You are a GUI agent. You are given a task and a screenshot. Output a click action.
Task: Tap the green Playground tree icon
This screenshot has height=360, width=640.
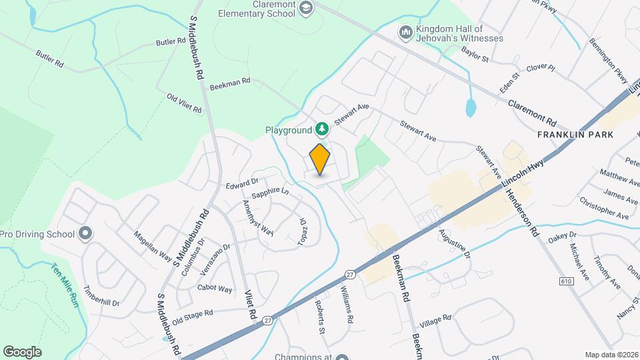322,128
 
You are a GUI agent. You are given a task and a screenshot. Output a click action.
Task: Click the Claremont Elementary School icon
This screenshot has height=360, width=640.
306,8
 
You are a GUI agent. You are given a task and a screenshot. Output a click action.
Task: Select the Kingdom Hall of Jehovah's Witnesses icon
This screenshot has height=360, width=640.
405,32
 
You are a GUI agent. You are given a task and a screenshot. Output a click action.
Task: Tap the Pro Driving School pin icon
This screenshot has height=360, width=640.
85,233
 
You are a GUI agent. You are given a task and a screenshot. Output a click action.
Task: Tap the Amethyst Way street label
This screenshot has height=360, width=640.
257,218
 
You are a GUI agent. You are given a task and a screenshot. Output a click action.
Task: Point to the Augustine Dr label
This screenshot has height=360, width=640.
455,245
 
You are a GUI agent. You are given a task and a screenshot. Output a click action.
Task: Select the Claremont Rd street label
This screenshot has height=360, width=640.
532,113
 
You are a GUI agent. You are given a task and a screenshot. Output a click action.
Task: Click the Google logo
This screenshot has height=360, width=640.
22,352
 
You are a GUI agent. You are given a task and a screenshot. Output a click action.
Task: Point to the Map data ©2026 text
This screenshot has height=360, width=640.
611,355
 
